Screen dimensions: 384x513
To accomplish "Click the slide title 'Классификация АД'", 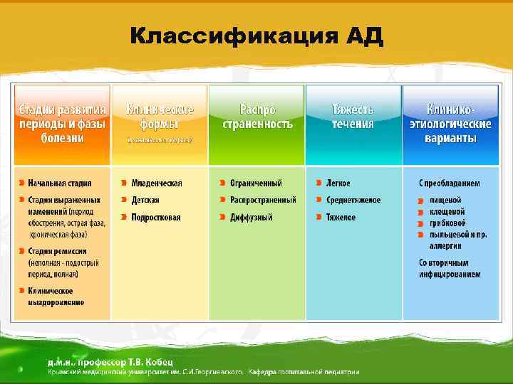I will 256,36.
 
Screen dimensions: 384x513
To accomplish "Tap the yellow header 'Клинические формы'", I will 159,117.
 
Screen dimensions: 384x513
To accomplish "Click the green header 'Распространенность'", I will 256,117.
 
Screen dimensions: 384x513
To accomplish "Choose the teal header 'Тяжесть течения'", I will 353,117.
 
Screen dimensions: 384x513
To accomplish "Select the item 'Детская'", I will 145,200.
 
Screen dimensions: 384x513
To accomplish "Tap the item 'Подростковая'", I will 156,217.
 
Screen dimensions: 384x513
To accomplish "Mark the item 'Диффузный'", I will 249,217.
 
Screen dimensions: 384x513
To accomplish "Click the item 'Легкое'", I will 338,183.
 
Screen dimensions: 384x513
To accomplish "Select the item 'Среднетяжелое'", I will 353,200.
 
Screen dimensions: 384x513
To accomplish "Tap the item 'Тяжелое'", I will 341,217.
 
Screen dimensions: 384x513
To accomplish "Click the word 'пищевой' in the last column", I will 445,200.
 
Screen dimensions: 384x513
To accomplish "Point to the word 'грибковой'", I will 447,223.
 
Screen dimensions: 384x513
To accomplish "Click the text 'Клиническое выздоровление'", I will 56,296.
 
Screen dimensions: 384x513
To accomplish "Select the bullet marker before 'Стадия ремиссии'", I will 22,251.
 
